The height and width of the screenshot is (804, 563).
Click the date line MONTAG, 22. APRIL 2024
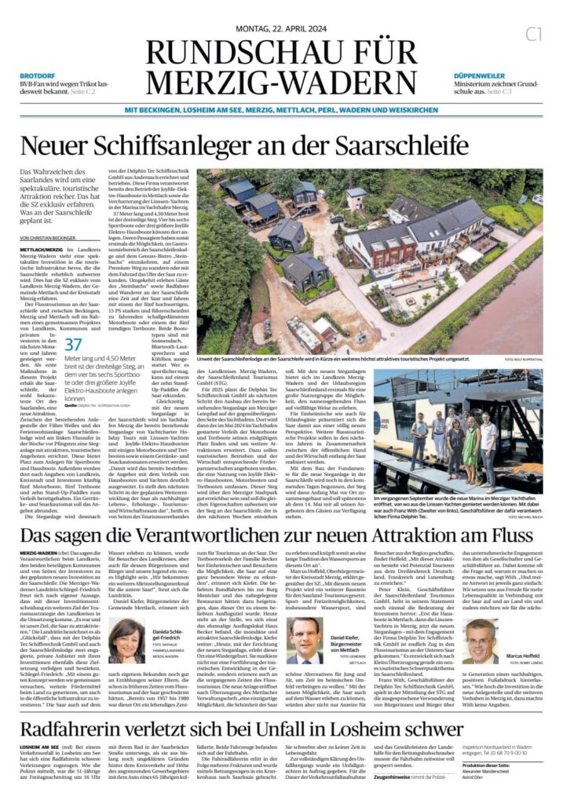point(281,29)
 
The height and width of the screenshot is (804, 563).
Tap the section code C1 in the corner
point(534,34)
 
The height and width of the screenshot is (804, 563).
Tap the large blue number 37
point(73,344)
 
